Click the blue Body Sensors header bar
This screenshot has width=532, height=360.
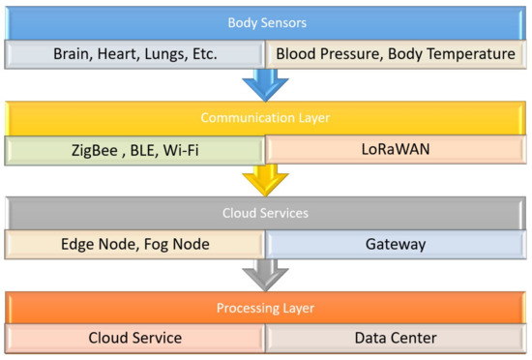pos(265,21)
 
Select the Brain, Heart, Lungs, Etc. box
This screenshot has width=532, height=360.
pos(135,54)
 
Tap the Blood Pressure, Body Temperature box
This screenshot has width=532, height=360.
pos(395,54)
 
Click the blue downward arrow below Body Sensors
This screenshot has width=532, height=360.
pos(265,85)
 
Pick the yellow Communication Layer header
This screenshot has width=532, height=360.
pos(265,117)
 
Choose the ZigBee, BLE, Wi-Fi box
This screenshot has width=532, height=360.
pos(135,150)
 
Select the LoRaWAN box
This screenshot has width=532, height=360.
pos(395,150)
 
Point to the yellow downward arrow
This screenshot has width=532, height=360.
pos(265,180)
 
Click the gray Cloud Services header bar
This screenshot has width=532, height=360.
pos(265,213)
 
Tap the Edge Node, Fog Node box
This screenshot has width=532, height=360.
pos(135,245)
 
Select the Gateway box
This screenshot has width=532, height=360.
pos(395,245)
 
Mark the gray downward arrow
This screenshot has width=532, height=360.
pos(265,275)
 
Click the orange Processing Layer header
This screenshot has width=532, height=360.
pos(265,308)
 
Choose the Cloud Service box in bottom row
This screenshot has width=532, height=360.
pos(135,340)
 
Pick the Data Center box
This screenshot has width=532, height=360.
pos(395,340)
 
